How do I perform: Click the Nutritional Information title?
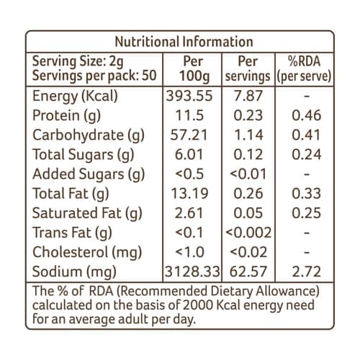point(184,42)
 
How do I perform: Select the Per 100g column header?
point(194,69)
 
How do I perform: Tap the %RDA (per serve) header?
point(304,69)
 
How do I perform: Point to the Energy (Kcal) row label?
point(75,96)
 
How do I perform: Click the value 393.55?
point(189,96)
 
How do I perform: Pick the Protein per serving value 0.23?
point(248,115)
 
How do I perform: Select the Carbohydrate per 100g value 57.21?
point(189,135)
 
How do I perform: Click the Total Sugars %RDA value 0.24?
point(307,154)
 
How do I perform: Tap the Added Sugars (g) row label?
point(89,174)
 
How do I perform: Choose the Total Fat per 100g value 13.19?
point(189,193)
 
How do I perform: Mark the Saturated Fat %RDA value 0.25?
point(307,213)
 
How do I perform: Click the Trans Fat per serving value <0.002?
point(248,233)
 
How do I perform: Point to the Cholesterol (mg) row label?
point(87,253)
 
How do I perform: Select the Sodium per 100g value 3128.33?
point(192,271)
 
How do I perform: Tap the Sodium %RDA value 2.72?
point(307,271)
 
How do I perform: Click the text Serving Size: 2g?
point(78,62)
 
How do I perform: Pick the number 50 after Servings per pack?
point(149,75)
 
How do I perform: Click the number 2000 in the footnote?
point(198,305)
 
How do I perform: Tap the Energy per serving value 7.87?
point(248,96)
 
